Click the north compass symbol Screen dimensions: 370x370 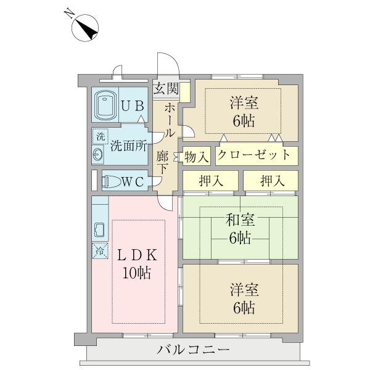[x=85, y=28]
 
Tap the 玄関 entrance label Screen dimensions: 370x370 [x=166, y=88]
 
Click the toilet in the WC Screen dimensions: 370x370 [x=112, y=181]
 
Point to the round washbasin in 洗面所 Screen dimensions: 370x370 [x=98, y=154]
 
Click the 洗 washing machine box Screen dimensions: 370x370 [x=101, y=136]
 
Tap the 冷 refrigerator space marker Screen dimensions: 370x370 [x=100, y=251]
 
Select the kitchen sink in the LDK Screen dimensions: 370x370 [x=99, y=230]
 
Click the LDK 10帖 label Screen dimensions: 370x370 [x=138, y=265]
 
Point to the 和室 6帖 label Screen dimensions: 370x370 [x=240, y=229]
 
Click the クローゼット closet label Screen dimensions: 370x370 [x=253, y=155]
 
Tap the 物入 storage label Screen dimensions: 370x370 [x=197, y=157]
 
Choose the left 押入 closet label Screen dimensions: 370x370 [x=211, y=181]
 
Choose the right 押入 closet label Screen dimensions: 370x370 [x=273, y=181]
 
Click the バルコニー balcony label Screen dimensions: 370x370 [x=194, y=350]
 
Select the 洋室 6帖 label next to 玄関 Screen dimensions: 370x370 [x=244, y=112]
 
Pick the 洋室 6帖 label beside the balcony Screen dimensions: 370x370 [x=244, y=298]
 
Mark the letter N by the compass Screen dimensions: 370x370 [x=69, y=14]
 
